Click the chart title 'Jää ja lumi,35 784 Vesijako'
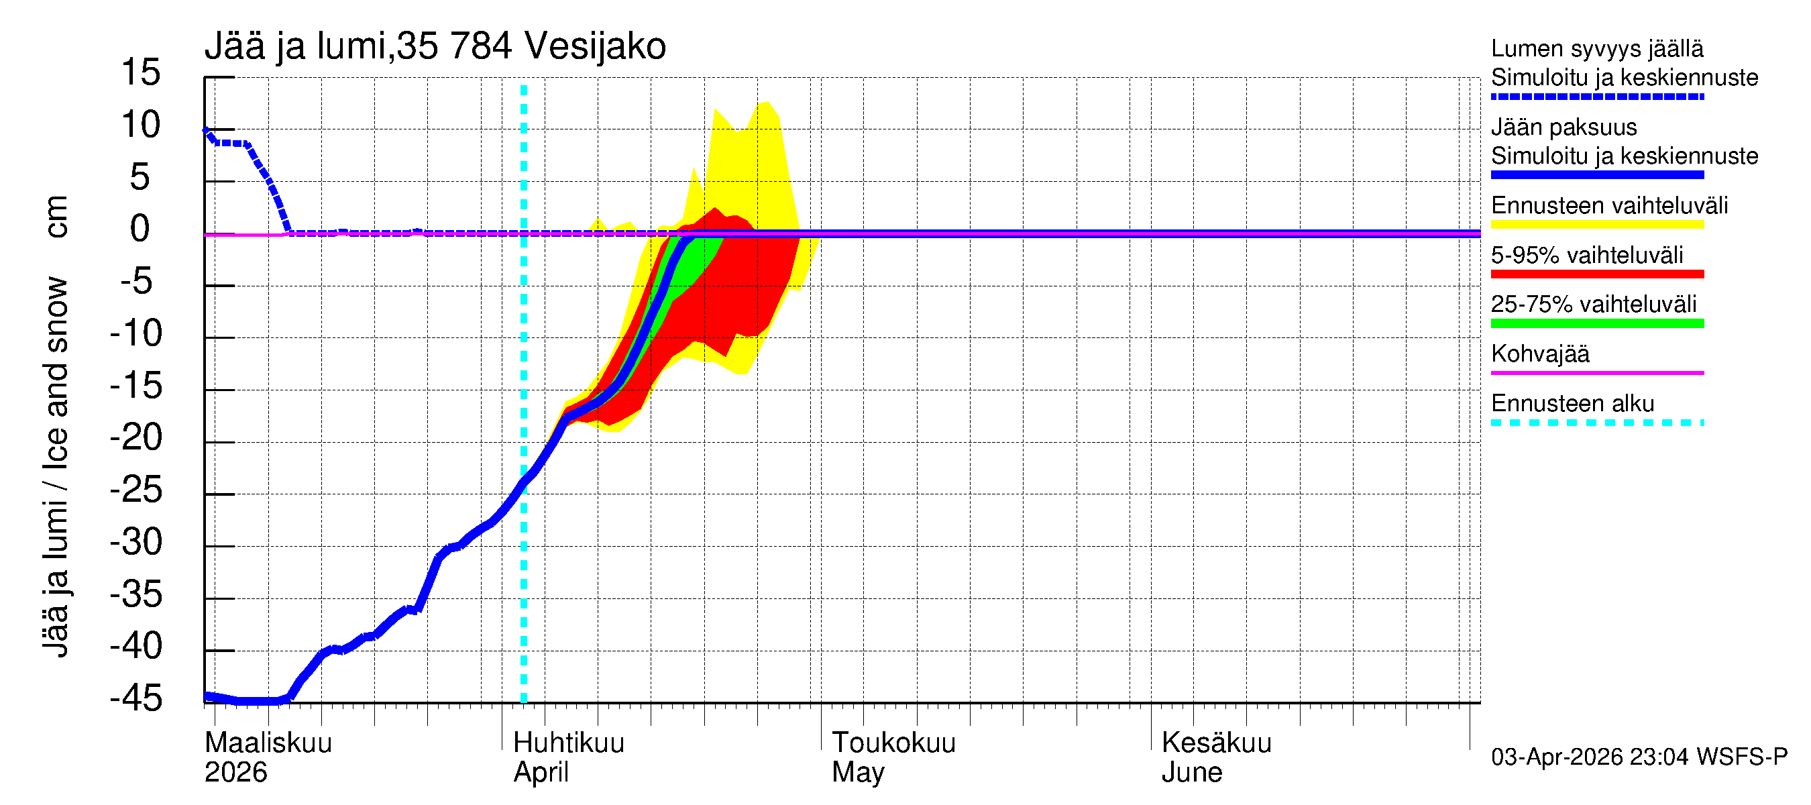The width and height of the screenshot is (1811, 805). coord(435,46)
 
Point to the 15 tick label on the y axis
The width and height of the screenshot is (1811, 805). coord(141,72)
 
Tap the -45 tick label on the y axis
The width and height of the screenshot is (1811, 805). coord(135,698)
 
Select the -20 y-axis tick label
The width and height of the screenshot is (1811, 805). coord(135,437)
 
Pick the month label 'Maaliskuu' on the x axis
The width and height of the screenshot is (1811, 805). coord(268,743)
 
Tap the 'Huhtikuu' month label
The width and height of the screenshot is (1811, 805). coord(568,743)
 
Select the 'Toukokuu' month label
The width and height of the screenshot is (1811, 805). coord(893,743)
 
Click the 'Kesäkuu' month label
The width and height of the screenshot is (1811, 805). coord(1216,743)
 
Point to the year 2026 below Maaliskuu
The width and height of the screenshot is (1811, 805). coord(235,773)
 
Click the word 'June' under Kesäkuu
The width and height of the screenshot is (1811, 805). coord(1192,773)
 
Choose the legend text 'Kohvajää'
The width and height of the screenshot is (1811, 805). coord(1539,354)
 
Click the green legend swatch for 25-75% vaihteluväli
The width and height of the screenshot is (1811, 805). coord(1596,323)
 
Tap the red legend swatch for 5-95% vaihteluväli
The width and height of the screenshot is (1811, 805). coord(1596,274)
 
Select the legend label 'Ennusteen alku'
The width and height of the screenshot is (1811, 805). coord(1573,404)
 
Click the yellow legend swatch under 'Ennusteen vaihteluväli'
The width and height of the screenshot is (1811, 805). coord(1596,225)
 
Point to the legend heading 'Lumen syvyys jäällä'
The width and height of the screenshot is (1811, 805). coord(1596,48)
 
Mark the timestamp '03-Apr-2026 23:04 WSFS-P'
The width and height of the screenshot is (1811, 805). coord(1639,757)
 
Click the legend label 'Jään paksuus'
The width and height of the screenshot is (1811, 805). coord(1563,127)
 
